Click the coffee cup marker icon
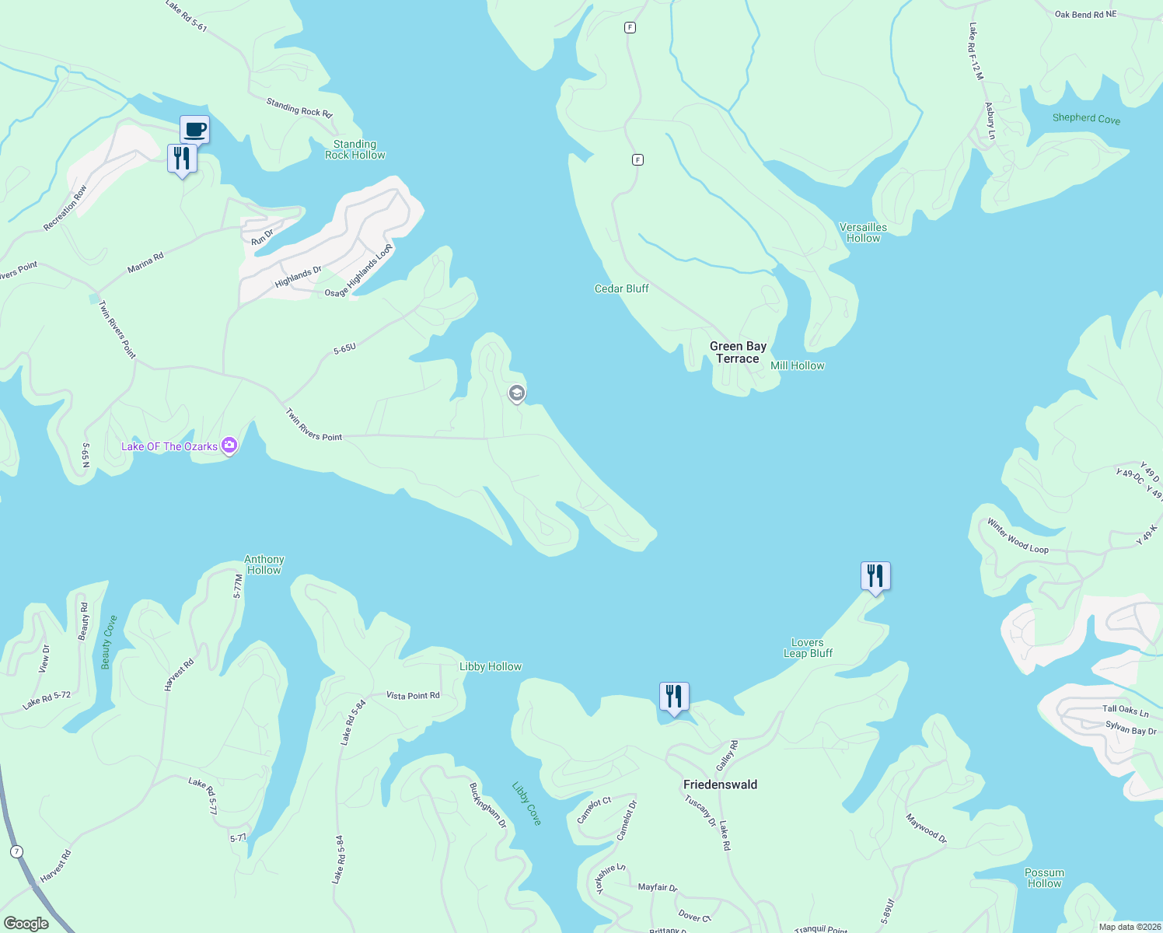pos(194,129)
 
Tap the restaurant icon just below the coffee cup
pos(182,159)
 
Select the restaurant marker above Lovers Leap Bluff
pos(875,576)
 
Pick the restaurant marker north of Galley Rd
pos(674,697)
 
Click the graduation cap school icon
pos(516,393)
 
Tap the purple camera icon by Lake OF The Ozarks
pos(229,446)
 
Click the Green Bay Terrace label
pos(738,352)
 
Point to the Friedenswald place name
pos(720,784)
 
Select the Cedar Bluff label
pos(621,288)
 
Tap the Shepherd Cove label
pos(1086,118)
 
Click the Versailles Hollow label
pos(863,232)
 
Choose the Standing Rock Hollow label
pos(354,149)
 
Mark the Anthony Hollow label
pos(264,564)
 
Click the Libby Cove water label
pos(526,803)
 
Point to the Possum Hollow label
pos(1044,878)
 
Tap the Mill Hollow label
pos(797,365)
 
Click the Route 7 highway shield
pos(16,851)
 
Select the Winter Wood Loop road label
pos(1018,537)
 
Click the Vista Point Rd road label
pos(413,695)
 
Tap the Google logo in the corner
pos(26,923)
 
